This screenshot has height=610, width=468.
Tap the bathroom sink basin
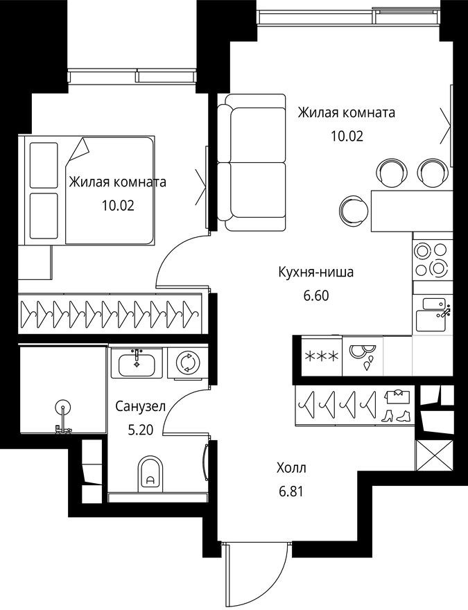[135, 362]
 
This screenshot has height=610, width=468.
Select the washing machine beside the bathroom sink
[186, 362]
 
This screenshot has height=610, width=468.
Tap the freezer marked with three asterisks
[322, 357]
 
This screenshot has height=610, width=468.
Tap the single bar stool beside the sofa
[354, 208]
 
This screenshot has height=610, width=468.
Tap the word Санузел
[140, 407]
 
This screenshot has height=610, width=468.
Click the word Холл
[290, 469]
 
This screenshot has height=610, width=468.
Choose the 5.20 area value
[141, 430]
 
